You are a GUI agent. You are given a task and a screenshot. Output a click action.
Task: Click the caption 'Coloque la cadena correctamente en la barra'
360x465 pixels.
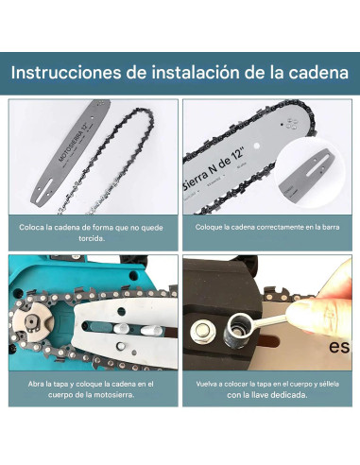tap(269, 227)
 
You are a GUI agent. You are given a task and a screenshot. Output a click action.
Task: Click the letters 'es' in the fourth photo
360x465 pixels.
tap(339, 346)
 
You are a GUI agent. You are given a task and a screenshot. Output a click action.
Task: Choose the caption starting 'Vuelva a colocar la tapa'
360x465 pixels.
tap(269, 387)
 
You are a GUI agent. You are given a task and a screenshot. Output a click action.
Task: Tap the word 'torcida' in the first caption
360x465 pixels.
tap(90, 238)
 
